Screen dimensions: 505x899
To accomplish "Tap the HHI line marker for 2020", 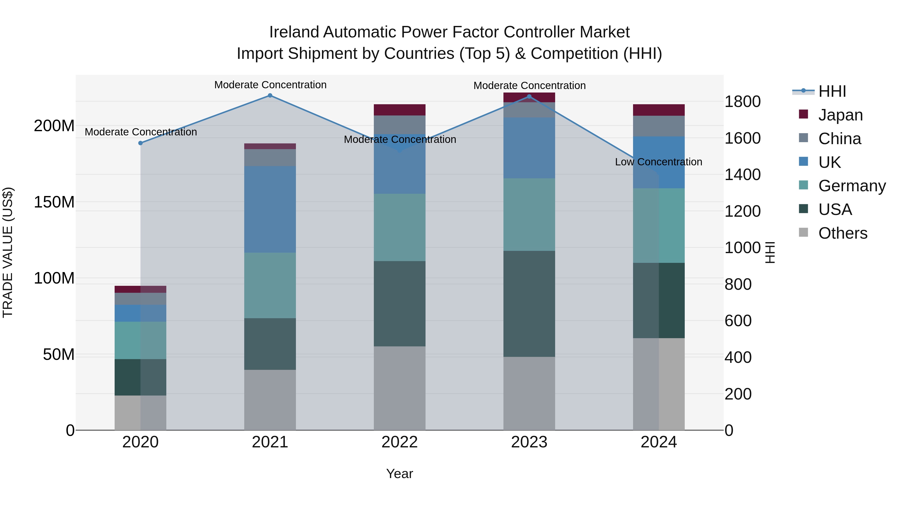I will [x=141, y=143].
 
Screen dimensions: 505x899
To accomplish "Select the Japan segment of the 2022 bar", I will [x=400, y=110].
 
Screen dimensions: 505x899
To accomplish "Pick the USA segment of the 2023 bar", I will [x=529, y=303].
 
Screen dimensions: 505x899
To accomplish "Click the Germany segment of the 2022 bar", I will [x=400, y=227].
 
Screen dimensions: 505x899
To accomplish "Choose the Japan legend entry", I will [x=840, y=115].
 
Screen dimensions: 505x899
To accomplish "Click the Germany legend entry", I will [x=852, y=186].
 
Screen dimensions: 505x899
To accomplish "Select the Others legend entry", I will [x=843, y=233].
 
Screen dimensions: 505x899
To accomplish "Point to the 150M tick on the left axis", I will [x=54, y=202].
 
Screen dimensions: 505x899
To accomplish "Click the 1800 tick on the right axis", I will [x=743, y=102].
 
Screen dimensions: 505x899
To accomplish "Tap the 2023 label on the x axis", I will [x=529, y=442].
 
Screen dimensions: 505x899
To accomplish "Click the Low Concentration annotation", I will [x=658, y=162].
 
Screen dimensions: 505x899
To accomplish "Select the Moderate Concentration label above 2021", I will [x=270, y=85].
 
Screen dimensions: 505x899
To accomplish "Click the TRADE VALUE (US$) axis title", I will [x=8, y=252].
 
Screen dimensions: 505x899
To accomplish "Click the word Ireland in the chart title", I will [x=294, y=32].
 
